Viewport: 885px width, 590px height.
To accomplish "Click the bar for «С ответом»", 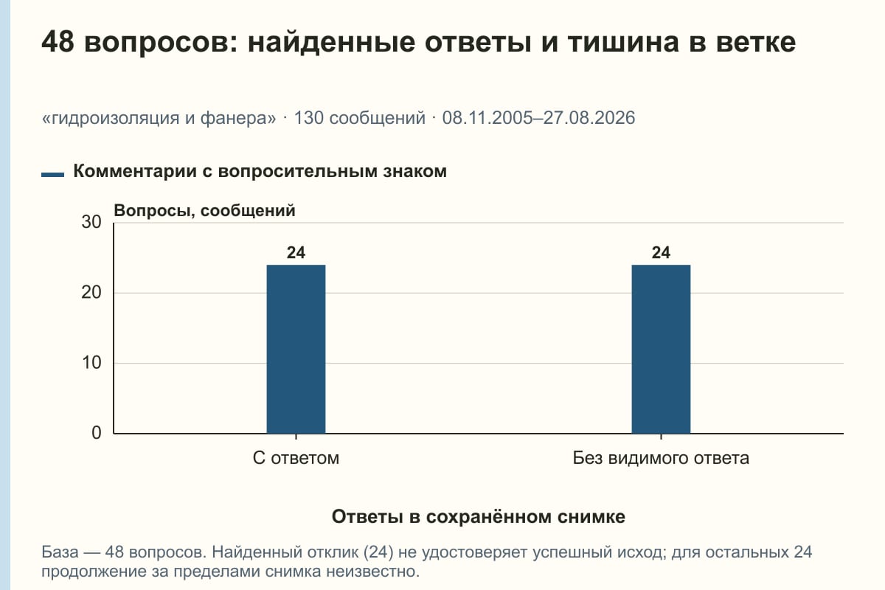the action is click(296, 350).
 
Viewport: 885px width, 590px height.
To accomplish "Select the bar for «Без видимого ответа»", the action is click(661, 350).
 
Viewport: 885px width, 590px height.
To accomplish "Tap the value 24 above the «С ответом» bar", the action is click(296, 252).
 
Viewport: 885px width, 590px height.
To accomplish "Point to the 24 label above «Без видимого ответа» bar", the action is click(661, 252).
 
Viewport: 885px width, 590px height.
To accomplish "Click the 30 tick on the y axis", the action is click(91, 222).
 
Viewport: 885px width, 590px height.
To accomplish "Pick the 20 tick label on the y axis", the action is click(91, 293).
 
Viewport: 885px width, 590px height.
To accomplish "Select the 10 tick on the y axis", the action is click(91, 363).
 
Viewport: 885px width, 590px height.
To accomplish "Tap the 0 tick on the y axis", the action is click(97, 433).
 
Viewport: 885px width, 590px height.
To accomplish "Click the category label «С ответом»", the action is click(296, 459).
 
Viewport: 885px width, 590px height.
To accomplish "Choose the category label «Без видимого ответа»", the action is click(661, 459).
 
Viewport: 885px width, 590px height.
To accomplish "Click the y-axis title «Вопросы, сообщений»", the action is click(205, 211).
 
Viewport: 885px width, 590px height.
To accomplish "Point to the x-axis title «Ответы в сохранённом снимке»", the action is click(479, 517).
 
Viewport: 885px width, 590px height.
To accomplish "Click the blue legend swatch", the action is click(52, 175).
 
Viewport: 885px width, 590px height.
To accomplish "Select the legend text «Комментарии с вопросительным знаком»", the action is click(260, 172).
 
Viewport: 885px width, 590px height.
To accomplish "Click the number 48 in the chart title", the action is click(58, 41).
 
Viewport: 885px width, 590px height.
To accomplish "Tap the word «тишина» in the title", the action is click(623, 42).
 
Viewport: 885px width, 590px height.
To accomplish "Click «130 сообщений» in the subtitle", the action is click(360, 118).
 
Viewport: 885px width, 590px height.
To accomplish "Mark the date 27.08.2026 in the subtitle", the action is click(589, 118).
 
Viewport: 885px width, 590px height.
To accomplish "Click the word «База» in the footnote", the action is click(60, 552).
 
